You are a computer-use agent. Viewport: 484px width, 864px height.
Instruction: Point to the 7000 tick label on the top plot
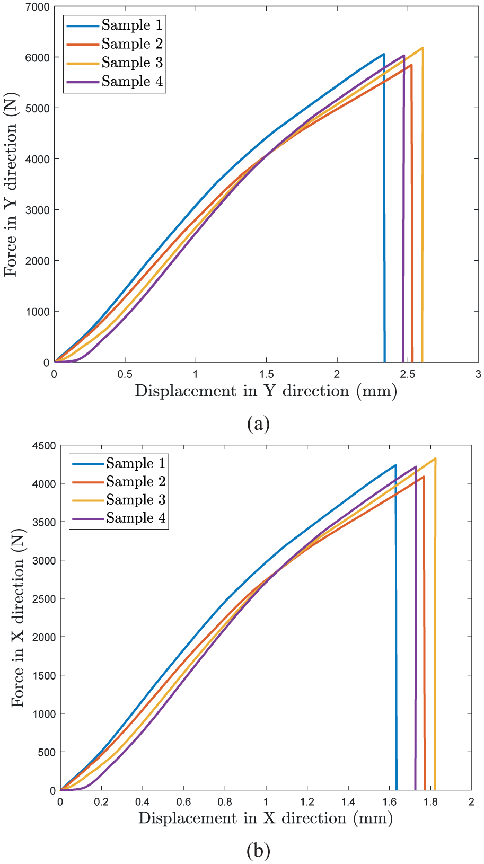click(x=37, y=7)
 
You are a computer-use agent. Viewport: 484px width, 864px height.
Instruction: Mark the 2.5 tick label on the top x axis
click(x=408, y=374)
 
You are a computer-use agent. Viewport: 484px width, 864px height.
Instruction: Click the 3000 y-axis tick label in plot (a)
click(x=37, y=210)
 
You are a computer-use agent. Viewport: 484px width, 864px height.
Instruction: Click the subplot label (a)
click(x=258, y=424)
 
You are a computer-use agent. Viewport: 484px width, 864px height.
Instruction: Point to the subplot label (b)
click(x=258, y=851)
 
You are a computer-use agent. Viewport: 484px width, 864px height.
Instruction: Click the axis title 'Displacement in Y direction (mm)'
click(x=266, y=391)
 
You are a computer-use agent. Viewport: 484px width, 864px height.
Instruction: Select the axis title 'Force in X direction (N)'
click(x=18, y=618)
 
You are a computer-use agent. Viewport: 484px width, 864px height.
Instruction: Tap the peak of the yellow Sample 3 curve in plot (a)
click(x=423, y=48)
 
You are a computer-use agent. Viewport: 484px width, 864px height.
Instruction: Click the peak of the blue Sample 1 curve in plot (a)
click(x=384, y=54)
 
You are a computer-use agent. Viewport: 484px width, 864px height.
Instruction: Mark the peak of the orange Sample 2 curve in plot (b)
click(x=424, y=477)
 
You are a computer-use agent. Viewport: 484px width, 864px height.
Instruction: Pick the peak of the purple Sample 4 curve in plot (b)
click(x=416, y=467)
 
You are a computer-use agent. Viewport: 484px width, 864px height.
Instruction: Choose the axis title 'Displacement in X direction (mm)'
click(x=266, y=818)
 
